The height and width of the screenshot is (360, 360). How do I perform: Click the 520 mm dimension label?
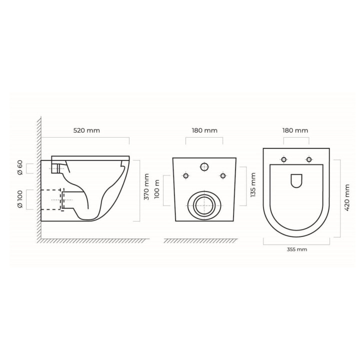pyautogui.click(x=86, y=130)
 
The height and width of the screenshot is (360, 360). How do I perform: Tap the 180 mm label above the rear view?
pyautogui.click(x=204, y=130)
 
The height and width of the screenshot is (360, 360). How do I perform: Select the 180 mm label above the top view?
pyautogui.click(x=294, y=130)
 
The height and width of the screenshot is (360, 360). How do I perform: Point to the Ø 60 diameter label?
pyautogui.click(x=20, y=168)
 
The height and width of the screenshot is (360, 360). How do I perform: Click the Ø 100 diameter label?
pyautogui.click(x=20, y=199)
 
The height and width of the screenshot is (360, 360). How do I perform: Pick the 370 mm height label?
pyautogui.click(x=146, y=187)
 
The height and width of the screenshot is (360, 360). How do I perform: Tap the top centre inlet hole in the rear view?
pyautogui.click(x=205, y=167)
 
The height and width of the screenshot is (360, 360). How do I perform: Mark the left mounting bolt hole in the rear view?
pyautogui.click(x=186, y=175)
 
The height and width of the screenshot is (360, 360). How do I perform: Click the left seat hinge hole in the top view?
pyautogui.click(x=284, y=159)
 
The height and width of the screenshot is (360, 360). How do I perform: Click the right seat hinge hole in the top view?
pyautogui.click(x=309, y=159)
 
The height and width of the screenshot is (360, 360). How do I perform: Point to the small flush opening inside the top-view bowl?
pyautogui.click(x=296, y=180)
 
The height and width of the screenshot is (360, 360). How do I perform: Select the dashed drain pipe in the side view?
pyautogui.click(x=52, y=199)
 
